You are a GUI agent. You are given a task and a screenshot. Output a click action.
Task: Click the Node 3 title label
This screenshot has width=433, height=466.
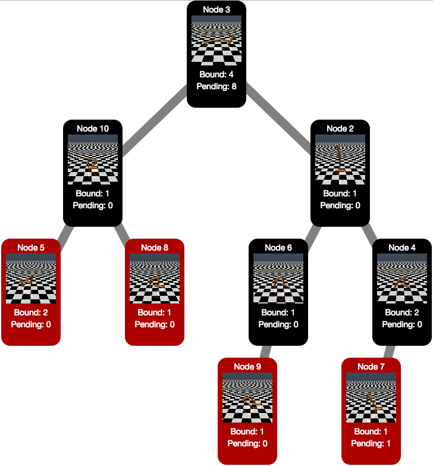216,10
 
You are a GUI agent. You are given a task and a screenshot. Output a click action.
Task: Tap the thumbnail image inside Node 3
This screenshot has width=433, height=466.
216,39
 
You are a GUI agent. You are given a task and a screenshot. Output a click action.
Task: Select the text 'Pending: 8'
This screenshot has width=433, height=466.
216,86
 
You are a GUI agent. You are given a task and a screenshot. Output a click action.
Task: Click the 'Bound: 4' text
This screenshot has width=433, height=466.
216,74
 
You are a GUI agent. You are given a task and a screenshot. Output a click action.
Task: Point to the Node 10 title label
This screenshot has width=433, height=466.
93,129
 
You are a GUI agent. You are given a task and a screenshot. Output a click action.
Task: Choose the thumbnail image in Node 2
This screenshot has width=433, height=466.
340,158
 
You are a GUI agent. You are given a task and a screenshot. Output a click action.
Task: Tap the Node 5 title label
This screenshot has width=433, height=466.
31,248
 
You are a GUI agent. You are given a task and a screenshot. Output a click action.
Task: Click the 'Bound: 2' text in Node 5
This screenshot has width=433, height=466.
31,312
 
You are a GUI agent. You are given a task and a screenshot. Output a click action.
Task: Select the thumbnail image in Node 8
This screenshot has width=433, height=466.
155,277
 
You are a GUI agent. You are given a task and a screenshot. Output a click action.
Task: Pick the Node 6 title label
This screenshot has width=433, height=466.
278,248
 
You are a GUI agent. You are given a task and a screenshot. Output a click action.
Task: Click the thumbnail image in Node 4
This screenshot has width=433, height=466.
402,277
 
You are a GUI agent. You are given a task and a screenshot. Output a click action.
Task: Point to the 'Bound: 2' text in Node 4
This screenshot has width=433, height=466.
402,312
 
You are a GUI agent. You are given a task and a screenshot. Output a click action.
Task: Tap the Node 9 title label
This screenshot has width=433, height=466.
247,367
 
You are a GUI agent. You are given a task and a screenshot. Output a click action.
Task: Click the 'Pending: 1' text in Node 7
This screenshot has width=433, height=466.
371,443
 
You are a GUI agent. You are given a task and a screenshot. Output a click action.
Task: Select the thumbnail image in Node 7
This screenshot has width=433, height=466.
371,396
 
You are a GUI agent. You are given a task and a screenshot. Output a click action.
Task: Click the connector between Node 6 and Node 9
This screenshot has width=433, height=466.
265,351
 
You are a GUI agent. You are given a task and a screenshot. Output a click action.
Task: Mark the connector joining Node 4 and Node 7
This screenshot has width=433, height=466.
388,351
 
